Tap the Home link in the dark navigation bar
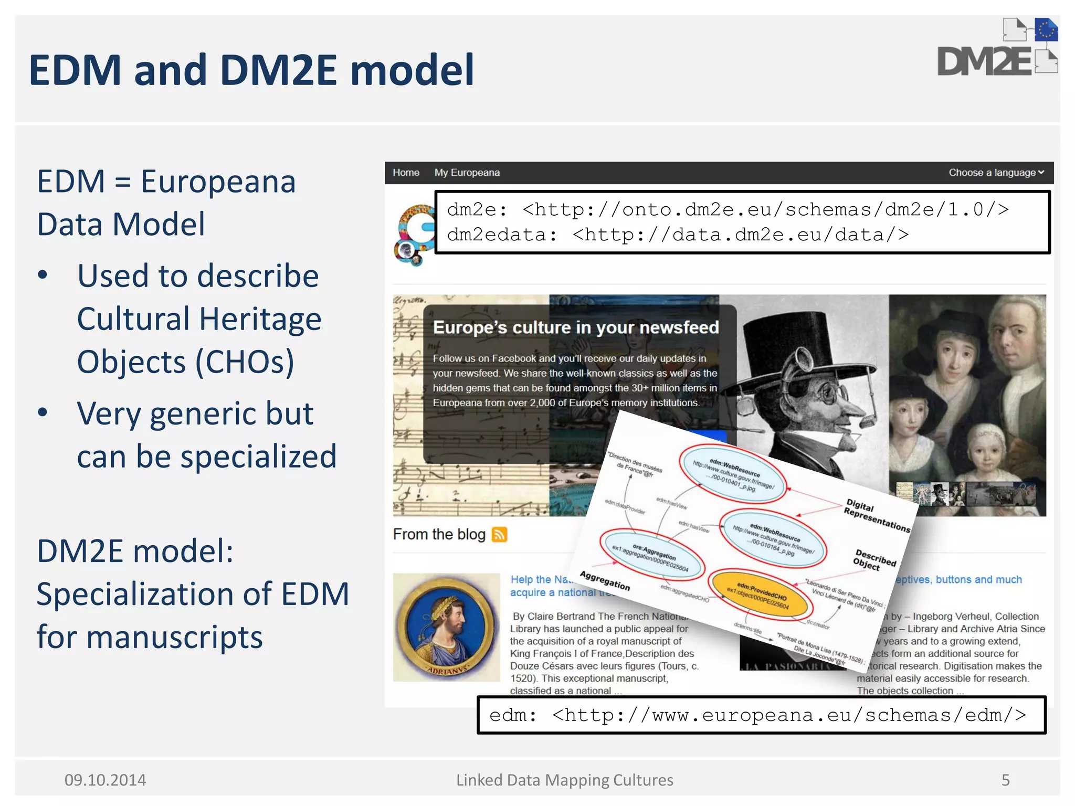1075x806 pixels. (x=406, y=173)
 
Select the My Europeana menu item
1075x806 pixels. (x=467, y=173)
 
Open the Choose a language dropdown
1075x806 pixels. (x=996, y=173)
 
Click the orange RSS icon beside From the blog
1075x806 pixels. (x=499, y=535)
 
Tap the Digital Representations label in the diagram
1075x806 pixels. (x=876, y=515)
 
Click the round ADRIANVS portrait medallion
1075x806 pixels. (x=446, y=627)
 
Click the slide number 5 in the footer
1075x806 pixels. (x=1005, y=780)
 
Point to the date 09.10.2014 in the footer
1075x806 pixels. (x=105, y=780)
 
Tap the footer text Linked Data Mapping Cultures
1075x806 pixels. (x=564, y=780)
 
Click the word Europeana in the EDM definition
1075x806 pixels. (x=218, y=182)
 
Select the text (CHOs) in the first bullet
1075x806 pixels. (x=245, y=362)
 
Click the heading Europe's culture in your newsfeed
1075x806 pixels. (x=575, y=327)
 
